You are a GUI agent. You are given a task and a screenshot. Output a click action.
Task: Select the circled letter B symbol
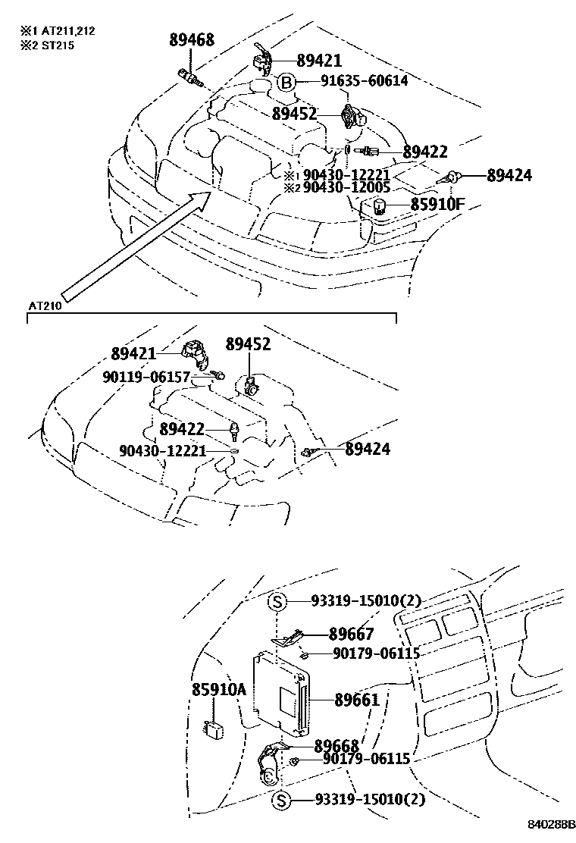(x=285, y=83)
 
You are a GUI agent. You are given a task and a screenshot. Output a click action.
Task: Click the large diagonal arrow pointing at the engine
(x=136, y=246)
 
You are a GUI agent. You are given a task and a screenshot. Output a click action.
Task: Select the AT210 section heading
(x=44, y=306)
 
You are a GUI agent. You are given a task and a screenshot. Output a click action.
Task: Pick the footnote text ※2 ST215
(x=47, y=45)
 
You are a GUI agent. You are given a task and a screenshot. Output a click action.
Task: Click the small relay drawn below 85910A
(x=215, y=729)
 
